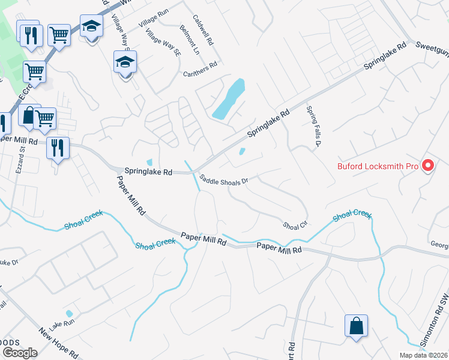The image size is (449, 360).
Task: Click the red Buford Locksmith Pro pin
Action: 428,165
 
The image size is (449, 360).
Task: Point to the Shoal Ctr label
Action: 295,225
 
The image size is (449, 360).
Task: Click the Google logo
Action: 20,352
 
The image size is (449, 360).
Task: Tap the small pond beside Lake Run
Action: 69,313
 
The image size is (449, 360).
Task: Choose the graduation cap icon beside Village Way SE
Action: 125,62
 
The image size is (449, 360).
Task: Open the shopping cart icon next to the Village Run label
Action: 59,35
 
